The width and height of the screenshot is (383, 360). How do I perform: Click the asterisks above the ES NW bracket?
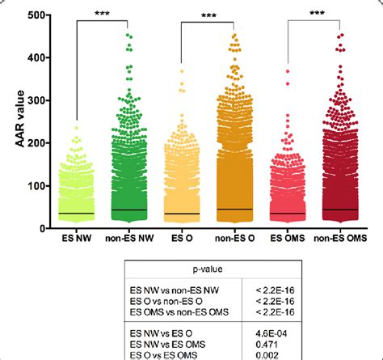click(x=102, y=14)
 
